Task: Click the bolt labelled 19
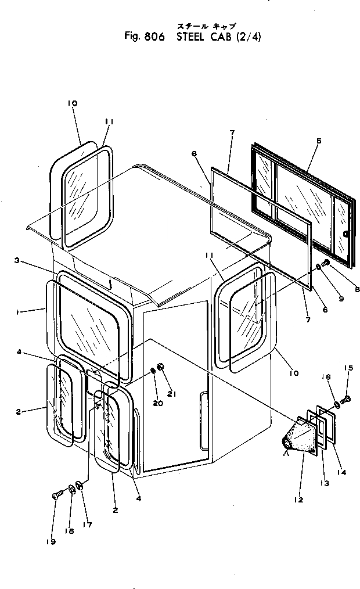[56, 495]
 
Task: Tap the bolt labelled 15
[347, 399]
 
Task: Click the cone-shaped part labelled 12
[303, 435]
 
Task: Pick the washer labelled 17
[80, 486]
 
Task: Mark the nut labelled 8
[326, 264]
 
